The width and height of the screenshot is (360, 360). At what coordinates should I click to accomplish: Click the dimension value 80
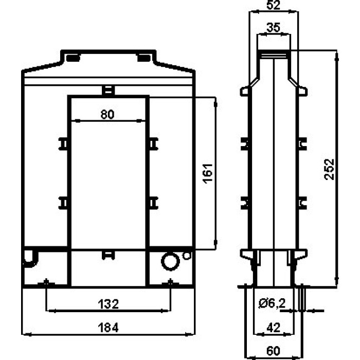pyautogui.click(x=107, y=115)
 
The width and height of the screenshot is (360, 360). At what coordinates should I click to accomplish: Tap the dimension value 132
pyautogui.click(x=109, y=303)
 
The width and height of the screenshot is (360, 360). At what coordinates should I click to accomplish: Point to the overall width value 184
pyautogui.click(x=109, y=327)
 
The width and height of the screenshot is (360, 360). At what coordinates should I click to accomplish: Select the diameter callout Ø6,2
pyautogui.click(x=273, y=304)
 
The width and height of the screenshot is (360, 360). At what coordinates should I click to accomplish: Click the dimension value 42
pyautogui.click(x=273, y=327)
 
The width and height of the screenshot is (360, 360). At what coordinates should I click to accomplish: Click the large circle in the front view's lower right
pyautogui.click(x=169, y=261)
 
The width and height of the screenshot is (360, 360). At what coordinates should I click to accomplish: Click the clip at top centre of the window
pyautogui.click(x=108, y=91)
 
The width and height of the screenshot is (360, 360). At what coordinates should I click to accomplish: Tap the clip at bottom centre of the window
pyautogui.click(x=108, y=254)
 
